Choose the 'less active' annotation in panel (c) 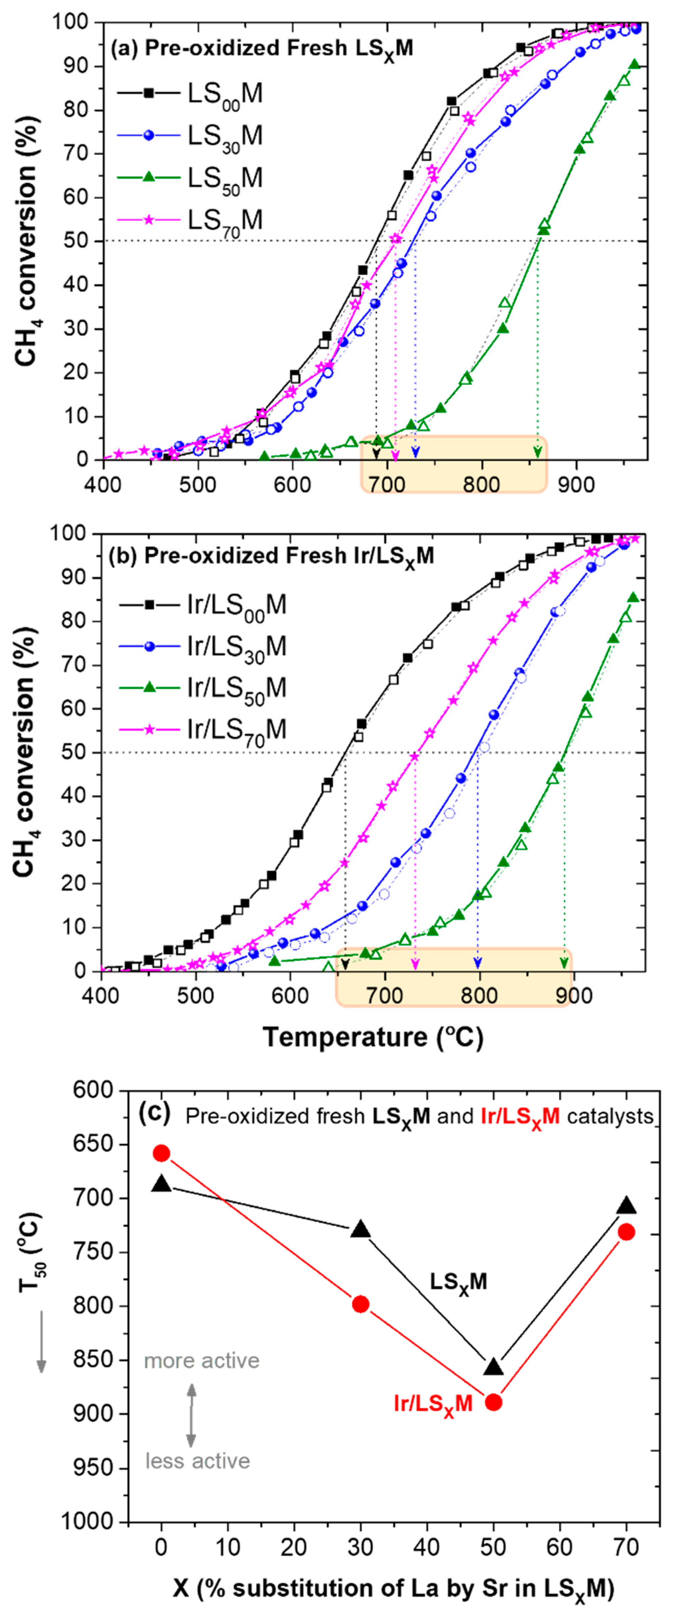click(x=197, y=1461)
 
